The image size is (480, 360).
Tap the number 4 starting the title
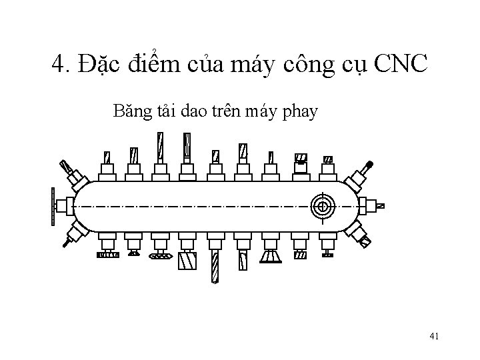coord(58,65)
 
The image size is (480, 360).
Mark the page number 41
coord(433,336)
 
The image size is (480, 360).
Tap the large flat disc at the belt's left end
coord(53,206)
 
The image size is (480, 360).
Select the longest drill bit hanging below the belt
coord(215,267)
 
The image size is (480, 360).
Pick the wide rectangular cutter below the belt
coord(187,261)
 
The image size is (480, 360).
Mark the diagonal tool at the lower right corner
coord(363,241)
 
